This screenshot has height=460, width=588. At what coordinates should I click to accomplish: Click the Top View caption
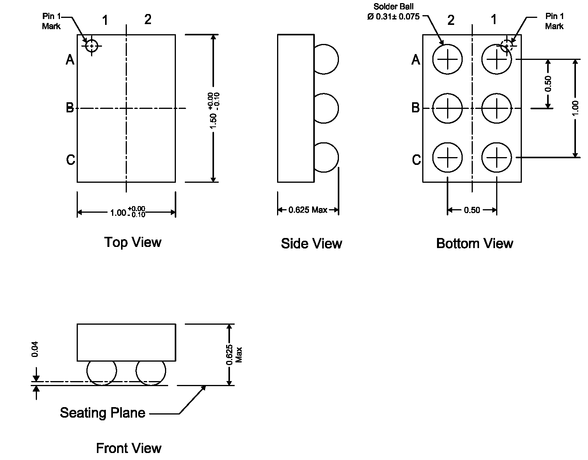[133, 242]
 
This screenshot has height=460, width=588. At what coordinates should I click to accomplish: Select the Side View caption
[311, 244]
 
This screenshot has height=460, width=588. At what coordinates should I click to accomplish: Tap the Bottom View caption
[474, 243]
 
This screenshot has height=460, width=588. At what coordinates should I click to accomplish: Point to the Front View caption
[128, 448]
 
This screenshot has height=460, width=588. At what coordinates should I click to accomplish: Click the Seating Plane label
[102, 413]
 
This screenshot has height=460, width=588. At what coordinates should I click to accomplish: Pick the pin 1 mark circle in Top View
[91, 46]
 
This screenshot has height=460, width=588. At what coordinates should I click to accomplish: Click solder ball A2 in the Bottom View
[448, 59]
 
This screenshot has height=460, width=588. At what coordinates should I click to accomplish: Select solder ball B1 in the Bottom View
[496, 108]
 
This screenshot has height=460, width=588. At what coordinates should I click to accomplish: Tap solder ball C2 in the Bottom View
[448, 157]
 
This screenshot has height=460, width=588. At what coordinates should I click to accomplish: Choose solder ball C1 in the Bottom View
[496, 157]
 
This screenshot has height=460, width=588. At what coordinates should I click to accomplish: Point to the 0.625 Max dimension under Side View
[308, 210]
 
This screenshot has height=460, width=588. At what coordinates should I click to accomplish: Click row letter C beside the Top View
[70, 160]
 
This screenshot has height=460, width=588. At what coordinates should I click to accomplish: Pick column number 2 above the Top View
[148, 19]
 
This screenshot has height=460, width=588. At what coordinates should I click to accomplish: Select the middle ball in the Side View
[326, 108]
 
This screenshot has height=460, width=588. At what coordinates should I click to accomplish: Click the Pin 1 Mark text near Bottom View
[554, 21]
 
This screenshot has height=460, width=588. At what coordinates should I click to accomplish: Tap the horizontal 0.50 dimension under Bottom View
[472, 210]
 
